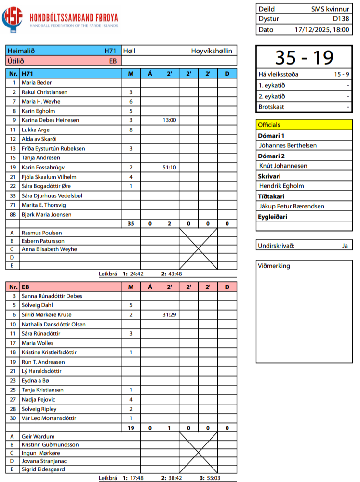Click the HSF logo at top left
(x=12, y=18)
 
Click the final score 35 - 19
(x=304, y=57)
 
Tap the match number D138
(x=341, y=19)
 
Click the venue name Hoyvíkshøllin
(x=212, y=51)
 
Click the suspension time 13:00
(x=169, y=120)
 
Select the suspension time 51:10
(x=169, y=167)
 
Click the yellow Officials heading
(x=269, y=125)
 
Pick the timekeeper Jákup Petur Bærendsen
(x=292, y=206)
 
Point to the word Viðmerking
(x=274, y=266)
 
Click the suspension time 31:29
(x=169, y=314)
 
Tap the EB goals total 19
(x=131, y=427)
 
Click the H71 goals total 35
(x=131, y=223)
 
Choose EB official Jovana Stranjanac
(x=44, y=461)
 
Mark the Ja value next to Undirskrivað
(x=345, y=246)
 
